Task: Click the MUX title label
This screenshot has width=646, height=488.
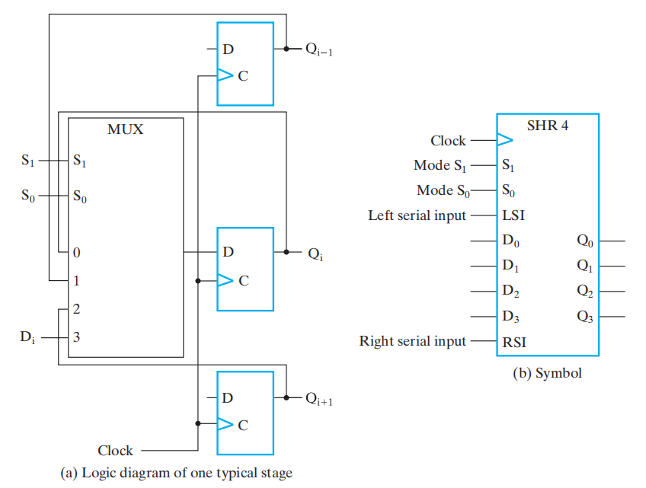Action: pyautogui.click(x=126, y=129)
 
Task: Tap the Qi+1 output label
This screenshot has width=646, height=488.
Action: pyautogui.click(x=319, y=398)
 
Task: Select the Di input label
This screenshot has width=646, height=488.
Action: pyautogui.click(x=27, y=336)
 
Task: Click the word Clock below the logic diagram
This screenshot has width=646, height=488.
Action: pyautogui.click(x=115, y=450)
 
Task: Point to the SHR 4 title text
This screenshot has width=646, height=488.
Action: pyautogui.click(x=548, y=126)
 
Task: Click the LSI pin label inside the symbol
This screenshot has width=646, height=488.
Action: pyautogui.click(x=513, y=215)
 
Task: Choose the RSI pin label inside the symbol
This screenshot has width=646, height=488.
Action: pyautogui.click(x=514, y=342)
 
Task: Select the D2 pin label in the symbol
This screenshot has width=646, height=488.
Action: pyautogui.click(x=511, y=292)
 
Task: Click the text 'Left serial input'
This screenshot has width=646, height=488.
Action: pyautogui.click(x=417, y=215)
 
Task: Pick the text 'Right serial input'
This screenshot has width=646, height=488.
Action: pyautogui.click(x=412, y=341)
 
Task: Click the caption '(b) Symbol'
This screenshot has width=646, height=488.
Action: pyautogui.click(x=548, y=373)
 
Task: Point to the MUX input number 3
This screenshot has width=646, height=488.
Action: pyautogui.click(x=76, y=336)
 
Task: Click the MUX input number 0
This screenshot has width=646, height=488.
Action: pyautogui.click(x=76, y=252)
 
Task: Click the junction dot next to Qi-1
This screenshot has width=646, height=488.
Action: pyautogui.click(x=286, y=49)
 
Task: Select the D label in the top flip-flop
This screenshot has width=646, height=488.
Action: pyautogui.click(x=228, y=49)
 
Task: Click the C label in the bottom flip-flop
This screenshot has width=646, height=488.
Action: pyautogui.click(x=243, y=425)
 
